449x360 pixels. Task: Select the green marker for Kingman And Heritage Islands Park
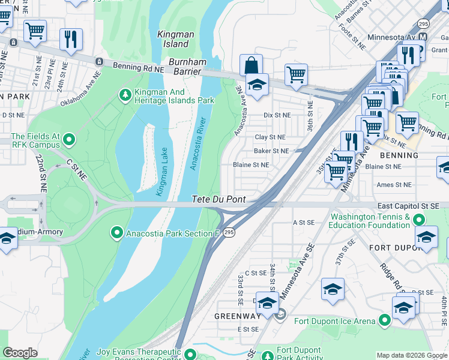125,94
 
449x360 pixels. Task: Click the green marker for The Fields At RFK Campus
68,140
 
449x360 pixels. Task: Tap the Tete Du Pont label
218,199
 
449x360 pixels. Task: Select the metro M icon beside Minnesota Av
423,37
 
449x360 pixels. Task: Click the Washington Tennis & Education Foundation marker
419,221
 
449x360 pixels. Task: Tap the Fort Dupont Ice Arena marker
384,321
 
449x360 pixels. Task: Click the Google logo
20,353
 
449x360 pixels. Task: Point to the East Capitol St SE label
412,206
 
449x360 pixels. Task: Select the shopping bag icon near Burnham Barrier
250,65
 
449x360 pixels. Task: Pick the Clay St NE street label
270,137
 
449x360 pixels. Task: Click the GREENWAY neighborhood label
238,316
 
